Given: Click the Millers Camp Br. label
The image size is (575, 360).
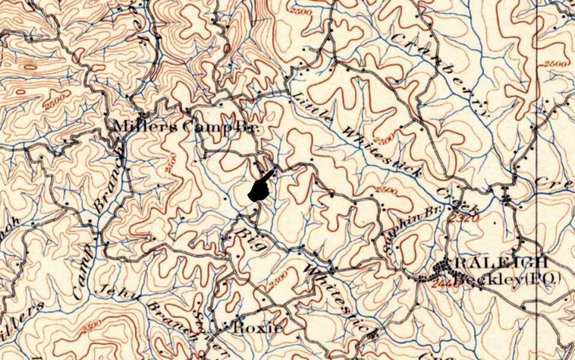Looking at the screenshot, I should (x=185, y=126).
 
